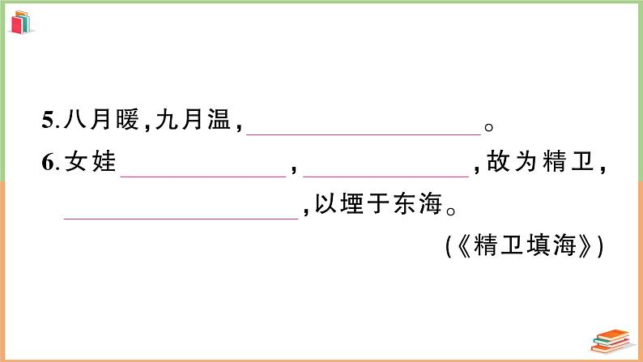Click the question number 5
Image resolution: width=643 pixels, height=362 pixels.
[46, 124]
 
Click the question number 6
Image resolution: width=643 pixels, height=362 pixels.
[46, 164]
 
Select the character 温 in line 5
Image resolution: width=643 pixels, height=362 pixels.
[218, 123]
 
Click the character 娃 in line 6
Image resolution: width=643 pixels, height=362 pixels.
[101, 164]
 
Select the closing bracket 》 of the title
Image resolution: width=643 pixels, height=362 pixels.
[588, 245]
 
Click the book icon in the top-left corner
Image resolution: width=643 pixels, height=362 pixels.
[22, 22]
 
